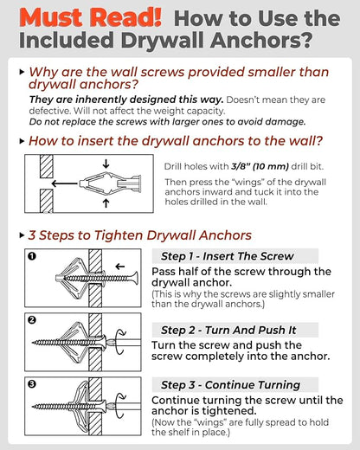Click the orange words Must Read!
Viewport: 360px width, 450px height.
(91, 17)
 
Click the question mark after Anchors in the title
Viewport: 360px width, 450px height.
(305, 40)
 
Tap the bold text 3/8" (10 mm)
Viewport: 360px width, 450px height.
(260, 166)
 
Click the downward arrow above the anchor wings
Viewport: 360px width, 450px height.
(106, 164)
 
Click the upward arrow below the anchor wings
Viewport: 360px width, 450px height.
(106, 203)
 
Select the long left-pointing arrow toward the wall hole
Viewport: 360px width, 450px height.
(65, 183)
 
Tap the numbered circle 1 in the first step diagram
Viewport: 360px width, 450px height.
(32, 256)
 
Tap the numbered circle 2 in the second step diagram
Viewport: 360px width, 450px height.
(32, 320)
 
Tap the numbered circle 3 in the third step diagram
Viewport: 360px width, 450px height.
(32, 384)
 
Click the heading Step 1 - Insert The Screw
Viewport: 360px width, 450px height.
(228, 256)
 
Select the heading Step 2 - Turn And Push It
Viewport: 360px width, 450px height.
(228, 330)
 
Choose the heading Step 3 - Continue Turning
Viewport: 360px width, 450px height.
(230, 385)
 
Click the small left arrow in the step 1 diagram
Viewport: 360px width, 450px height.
(120, 267)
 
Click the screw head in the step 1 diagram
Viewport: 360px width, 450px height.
(134, 278)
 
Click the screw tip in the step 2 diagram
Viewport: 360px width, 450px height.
(34, 343)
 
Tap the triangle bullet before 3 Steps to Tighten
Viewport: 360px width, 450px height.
(22, 235)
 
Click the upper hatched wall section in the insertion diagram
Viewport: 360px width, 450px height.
(47, 166)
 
